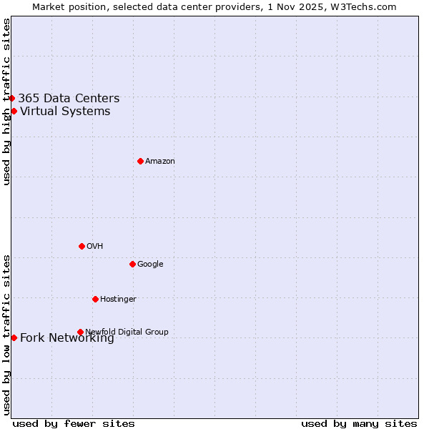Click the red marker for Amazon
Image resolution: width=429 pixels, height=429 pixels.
(140, 161)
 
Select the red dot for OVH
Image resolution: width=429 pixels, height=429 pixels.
(82, 246)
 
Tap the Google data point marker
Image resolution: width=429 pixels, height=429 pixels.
(132, 264)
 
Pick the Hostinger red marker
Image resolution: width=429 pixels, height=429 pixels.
(95, 299)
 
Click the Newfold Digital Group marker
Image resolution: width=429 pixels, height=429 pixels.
(80, 332)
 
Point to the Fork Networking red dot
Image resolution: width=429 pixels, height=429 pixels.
(14, 337)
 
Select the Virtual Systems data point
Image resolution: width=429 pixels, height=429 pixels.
(14, 111)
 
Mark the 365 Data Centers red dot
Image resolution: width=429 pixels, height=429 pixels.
(12, 98)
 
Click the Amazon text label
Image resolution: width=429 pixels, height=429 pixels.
(160, 162)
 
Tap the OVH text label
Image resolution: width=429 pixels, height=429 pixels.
(95, 247)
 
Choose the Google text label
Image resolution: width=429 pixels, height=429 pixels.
(150, 265)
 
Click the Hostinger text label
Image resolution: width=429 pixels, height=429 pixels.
(118, 300)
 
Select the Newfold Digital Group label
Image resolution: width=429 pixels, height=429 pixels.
(127, 332)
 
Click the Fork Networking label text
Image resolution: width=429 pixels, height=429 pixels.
(67, 338)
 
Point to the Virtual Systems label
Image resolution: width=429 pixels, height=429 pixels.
(65, 112)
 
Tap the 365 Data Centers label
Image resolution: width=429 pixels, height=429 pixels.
(69, 99)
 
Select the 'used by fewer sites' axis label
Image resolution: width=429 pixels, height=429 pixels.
(74, 424)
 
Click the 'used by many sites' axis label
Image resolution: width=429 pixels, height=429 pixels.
(359, 424)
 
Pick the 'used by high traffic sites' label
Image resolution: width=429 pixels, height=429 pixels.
(7, 102)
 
